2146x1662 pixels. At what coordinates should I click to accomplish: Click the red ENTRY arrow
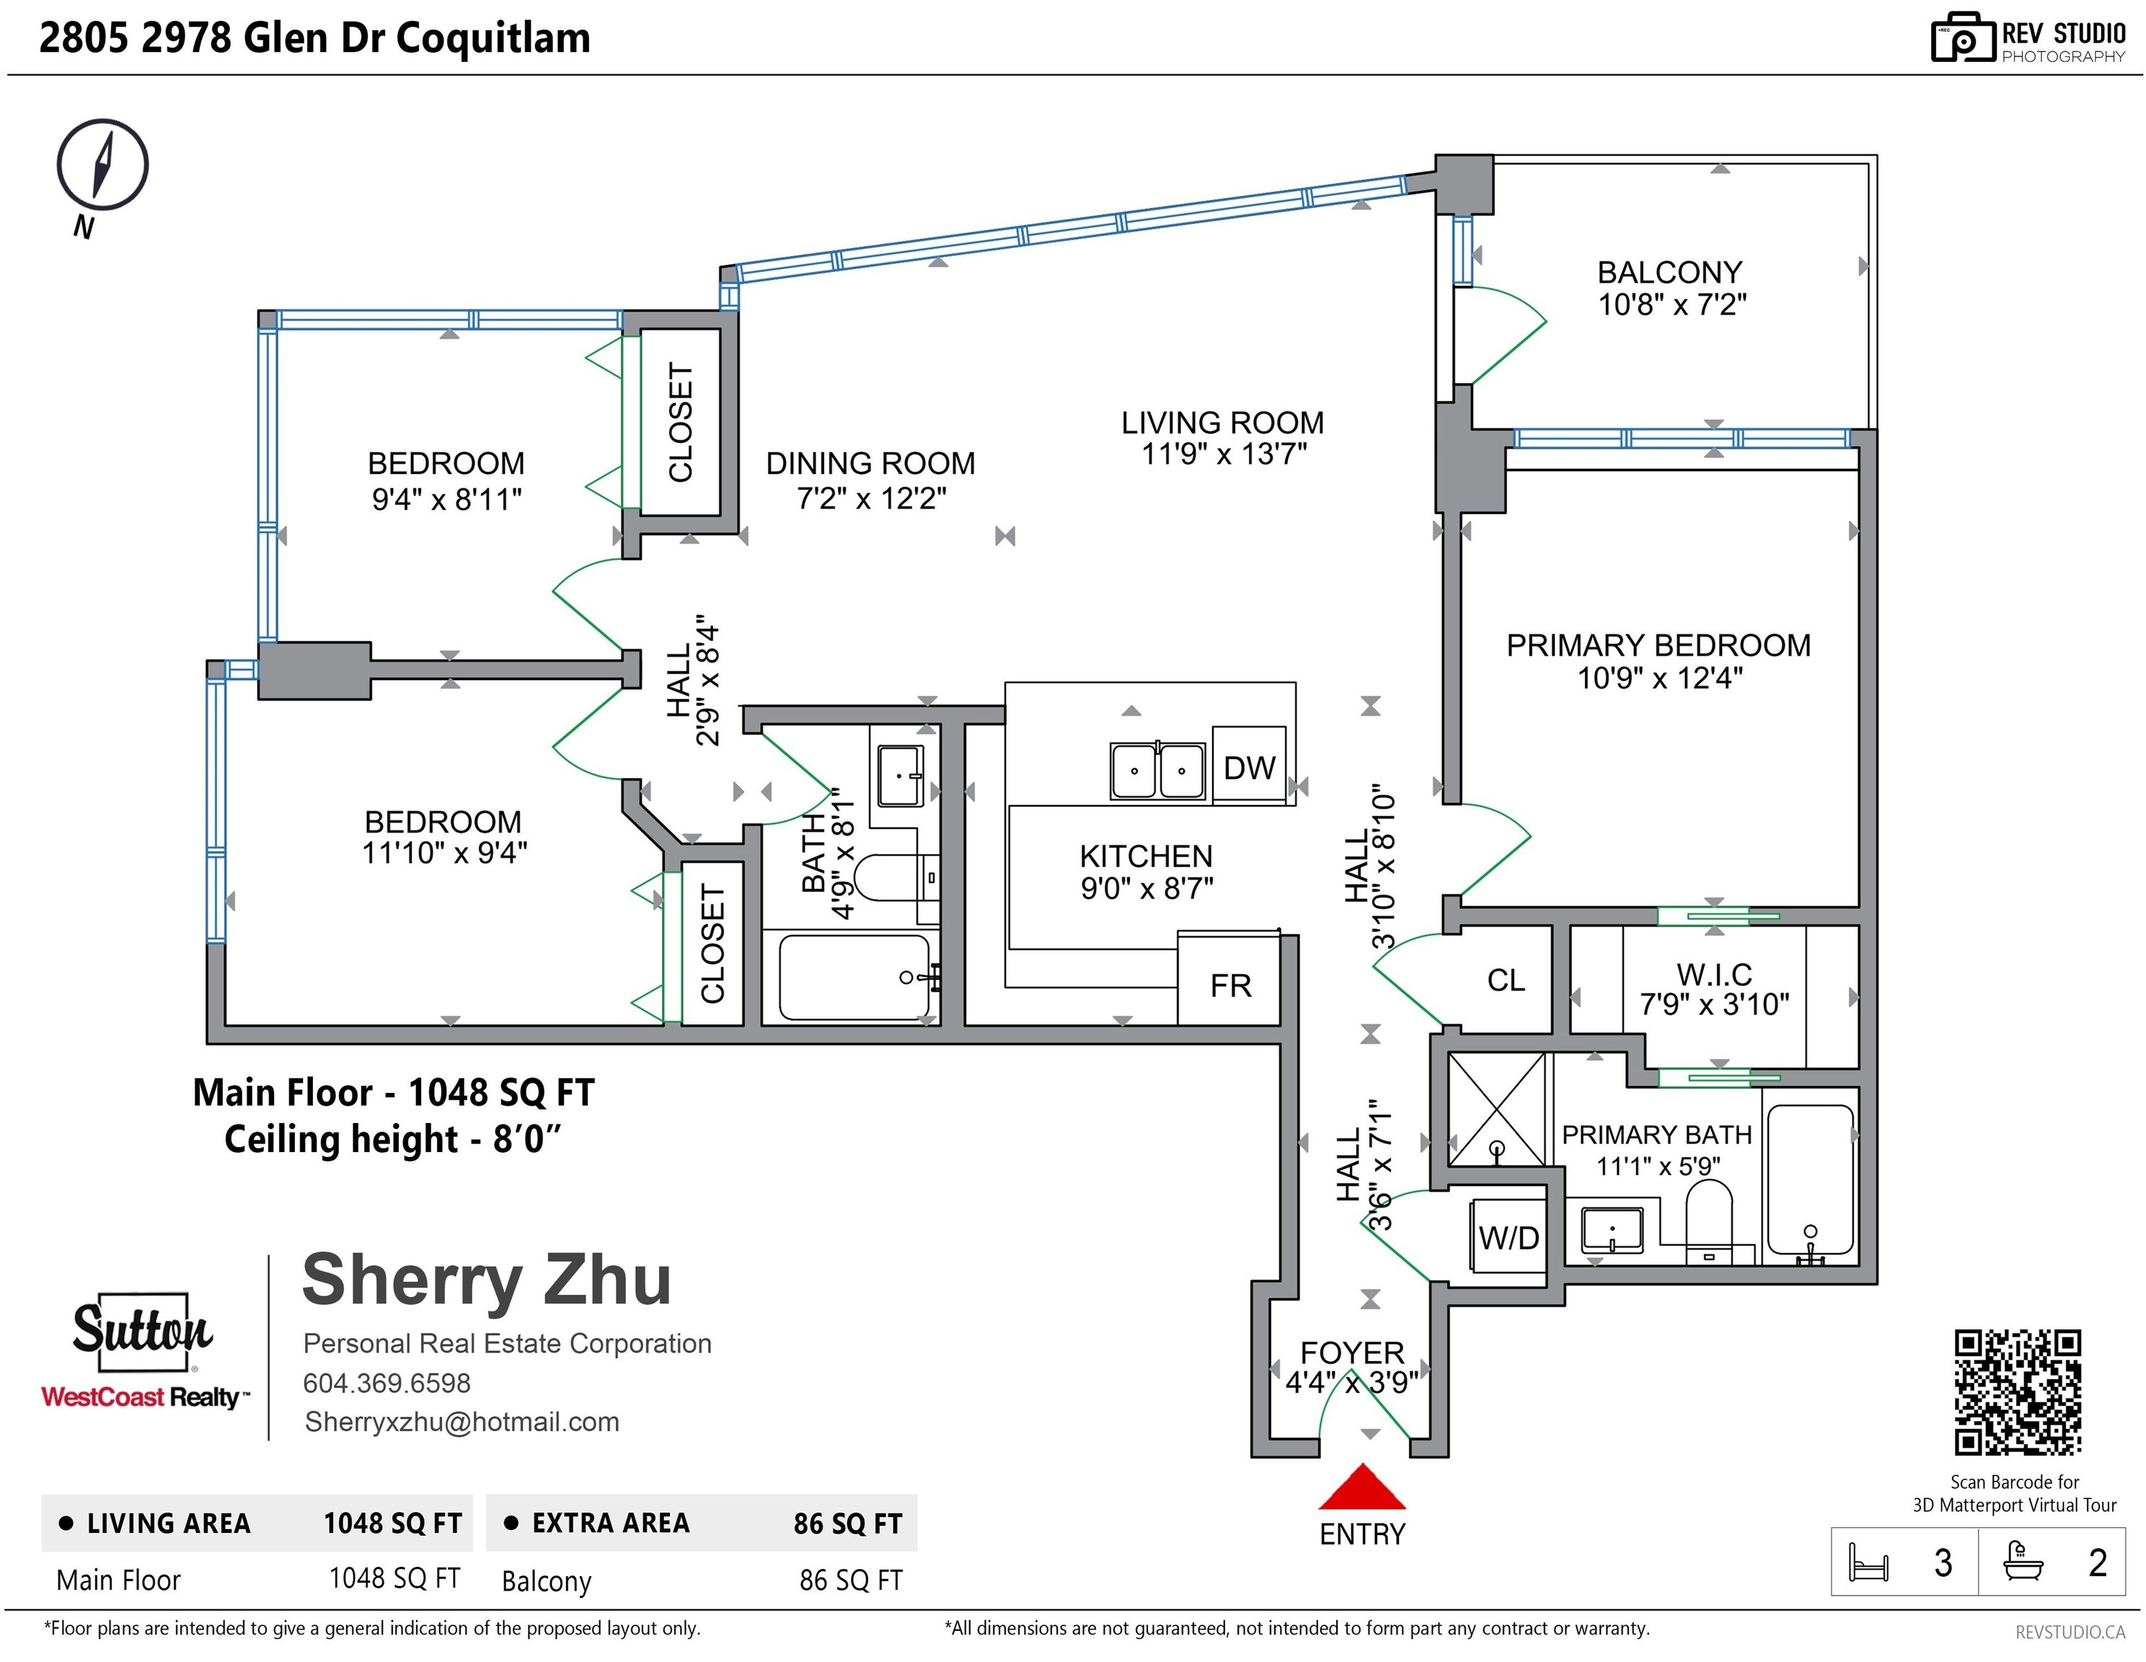pos(1362,1487)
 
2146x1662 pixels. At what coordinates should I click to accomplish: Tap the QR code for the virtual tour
pos(2017,1391)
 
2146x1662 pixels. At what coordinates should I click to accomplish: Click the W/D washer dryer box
pos(1509,1237)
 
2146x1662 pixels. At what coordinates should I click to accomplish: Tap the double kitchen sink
pos(1157,770)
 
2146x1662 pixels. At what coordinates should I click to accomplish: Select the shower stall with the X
pos(1496,1109)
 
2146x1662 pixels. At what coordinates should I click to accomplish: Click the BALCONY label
pos(1669,272)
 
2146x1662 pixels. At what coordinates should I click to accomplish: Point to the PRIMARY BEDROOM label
pos(1659,646)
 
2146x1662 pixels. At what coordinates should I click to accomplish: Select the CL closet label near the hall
pos(1506,980)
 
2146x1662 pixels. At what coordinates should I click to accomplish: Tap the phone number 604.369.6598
pos(387,1383)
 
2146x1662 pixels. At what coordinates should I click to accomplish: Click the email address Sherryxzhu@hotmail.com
pos(462,1423)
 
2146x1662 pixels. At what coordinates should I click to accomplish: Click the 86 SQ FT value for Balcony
pos(851,1580)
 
